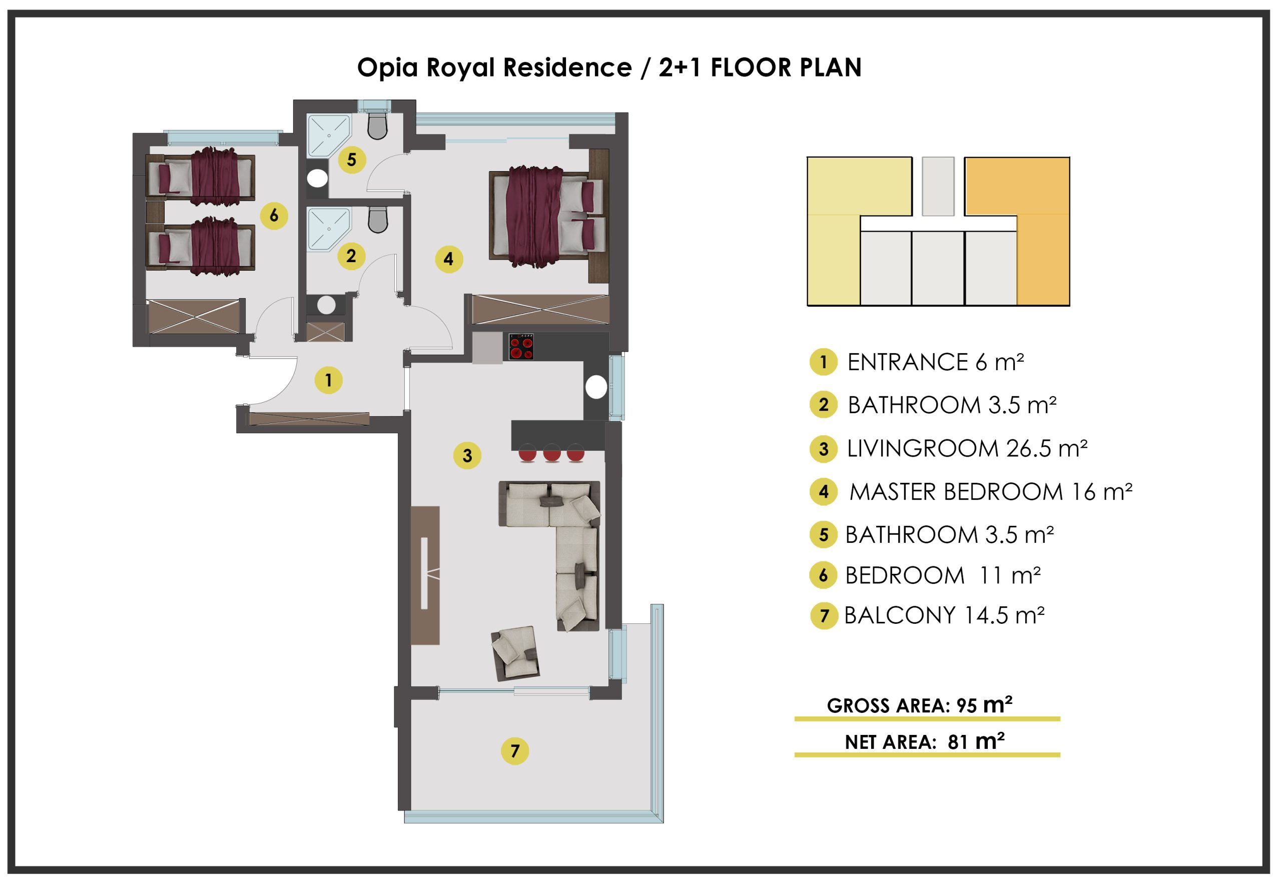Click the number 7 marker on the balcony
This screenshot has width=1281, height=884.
click(515, 750)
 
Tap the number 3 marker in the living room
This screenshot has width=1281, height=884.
click(467, 455)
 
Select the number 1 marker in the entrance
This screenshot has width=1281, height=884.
click(329, 380)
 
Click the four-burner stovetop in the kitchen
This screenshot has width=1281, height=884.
click(521, 346)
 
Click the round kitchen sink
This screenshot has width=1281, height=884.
click(596, 387)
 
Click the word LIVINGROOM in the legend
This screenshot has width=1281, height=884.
click(923, 448)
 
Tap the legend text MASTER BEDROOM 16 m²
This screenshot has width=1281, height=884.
click(991, 492)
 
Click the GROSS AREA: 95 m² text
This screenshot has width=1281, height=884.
click(919, 704)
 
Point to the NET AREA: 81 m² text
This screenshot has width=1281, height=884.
click(924, 741)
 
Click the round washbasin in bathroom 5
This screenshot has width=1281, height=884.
click(317, 178)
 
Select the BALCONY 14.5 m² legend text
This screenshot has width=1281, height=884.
click(944, 615)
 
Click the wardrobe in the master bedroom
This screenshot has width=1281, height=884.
click(540, 309)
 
